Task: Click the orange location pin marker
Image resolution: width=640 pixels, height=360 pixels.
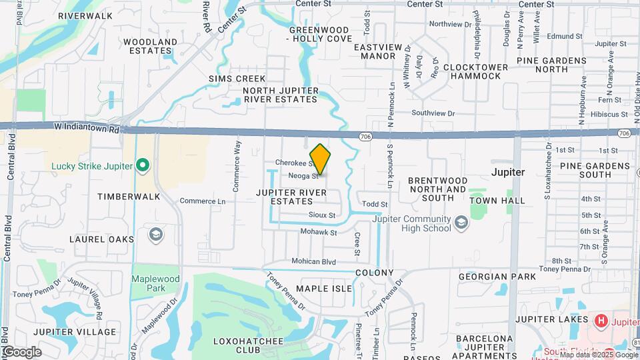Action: (321, 159)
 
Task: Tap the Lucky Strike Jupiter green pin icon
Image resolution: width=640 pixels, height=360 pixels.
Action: (142, 164)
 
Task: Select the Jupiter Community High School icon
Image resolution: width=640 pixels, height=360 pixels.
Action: (461, 221)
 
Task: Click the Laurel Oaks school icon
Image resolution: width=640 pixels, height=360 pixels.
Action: (155, 234)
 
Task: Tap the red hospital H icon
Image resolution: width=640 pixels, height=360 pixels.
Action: (601, 321)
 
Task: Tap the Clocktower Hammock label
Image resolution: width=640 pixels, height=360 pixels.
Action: (471, 71)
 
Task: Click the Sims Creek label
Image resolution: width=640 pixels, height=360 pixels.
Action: (237, 79)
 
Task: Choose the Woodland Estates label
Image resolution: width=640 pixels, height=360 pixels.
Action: (151, 46)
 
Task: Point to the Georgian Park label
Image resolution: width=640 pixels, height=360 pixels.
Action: (497, 276)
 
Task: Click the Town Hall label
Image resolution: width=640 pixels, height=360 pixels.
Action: (497, 200)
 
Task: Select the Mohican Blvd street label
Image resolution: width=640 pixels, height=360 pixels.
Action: (313, 262)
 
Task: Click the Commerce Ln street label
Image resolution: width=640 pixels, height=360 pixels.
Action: (203, 201)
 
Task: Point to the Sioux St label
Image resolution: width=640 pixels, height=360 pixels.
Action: (322, 215)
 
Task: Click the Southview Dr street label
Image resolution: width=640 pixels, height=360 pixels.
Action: (433, 113)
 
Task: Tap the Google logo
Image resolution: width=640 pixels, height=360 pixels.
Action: (21, 352)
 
